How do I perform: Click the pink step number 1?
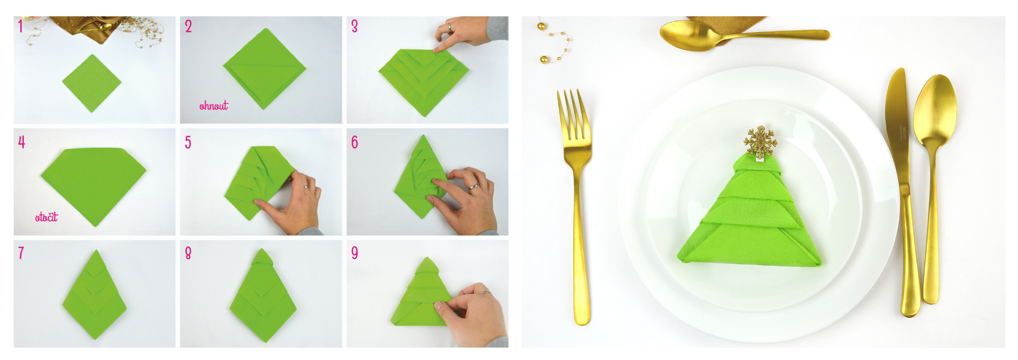[x=20, y=26]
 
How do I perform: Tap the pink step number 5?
[x=188, y=143]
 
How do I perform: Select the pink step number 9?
[x=355, y=253]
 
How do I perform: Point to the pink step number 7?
[x=21, y=253]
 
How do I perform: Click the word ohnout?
[x=214, y=105]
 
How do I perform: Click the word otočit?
[x=46, y=217]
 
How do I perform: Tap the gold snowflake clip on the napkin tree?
[x=760, y=141]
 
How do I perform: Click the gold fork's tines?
[x=574, y=115]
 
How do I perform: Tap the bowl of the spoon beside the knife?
[x=935, y=109]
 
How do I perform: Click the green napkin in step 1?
[x=92, y=83]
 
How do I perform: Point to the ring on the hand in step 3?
[x=449, y=26]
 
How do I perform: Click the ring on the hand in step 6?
[x=474, y=186]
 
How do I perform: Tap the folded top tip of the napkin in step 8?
[x=261, y=254]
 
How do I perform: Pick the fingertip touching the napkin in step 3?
[x=436, y=50]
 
